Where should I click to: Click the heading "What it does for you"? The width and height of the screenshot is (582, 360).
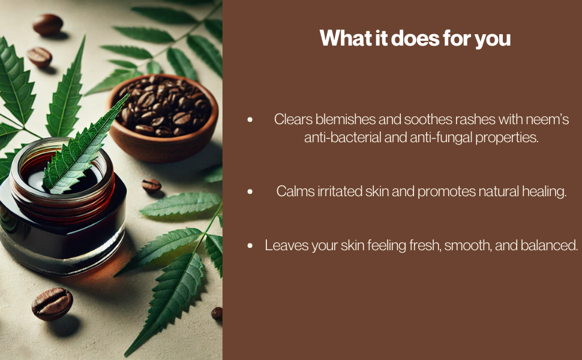click(415, 38)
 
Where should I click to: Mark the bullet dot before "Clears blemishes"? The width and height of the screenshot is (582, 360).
click(250, 119)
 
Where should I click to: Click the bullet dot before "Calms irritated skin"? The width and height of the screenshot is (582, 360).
click(250, 191)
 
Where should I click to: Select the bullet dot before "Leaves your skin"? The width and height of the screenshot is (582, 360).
click(250, 245)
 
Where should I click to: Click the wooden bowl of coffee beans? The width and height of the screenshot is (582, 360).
click(163, 119)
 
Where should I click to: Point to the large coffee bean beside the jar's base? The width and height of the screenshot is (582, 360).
click(52, 304)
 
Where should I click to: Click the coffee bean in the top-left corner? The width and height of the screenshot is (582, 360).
click(48, 25)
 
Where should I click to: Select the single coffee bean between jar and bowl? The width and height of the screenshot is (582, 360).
click(151, 185)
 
